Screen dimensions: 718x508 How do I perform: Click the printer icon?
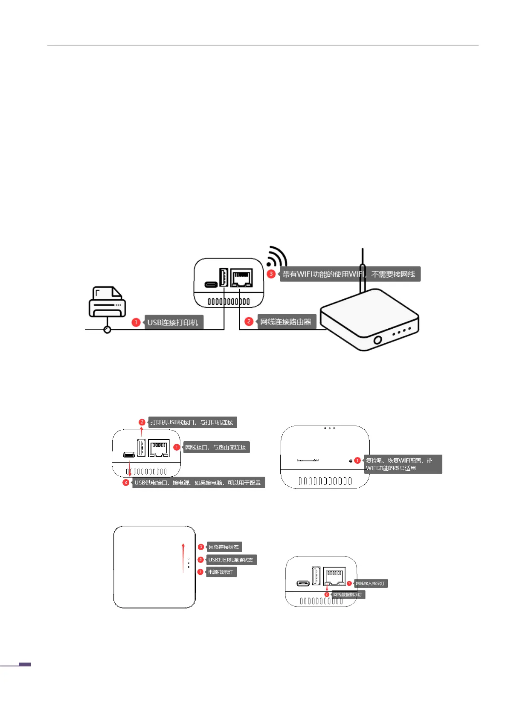pos(107,302)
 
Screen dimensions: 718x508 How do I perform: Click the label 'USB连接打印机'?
pos(173,322)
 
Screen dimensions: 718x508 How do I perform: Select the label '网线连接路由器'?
pos(286,322)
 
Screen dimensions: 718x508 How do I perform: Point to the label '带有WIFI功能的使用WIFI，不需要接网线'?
pos(349,274)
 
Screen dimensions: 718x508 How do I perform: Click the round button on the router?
pos(377,340)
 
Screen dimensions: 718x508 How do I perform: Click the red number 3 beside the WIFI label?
pos(271,274)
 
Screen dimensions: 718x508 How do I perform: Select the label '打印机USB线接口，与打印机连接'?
pos(192,422)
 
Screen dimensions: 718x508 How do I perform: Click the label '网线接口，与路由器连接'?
pos(215,447)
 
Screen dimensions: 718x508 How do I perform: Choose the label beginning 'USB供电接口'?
pos(198,483)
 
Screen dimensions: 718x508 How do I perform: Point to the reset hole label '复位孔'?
pos(399,464)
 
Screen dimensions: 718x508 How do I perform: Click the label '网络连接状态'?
pos(224,547)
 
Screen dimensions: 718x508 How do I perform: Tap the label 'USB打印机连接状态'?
pos(231,560)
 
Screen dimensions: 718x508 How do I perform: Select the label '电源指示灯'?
pos(221,572)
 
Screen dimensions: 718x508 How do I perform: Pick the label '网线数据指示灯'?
pos(348,594)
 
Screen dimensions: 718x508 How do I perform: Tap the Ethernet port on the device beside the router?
pos(241,278)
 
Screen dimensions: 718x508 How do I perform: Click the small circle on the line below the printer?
pos(107,330)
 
